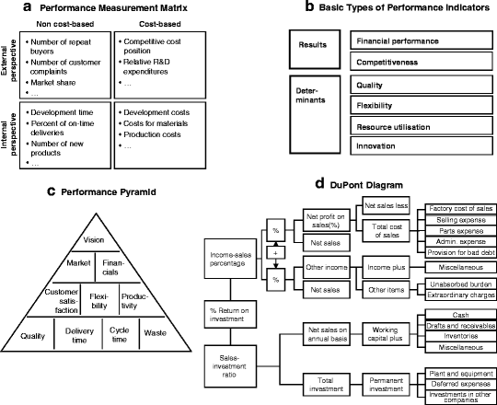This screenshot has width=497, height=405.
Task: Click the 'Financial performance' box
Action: pos(422,42)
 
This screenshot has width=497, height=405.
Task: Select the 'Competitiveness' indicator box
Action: pos(422,63)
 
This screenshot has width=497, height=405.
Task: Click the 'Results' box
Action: pos(313,43)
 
